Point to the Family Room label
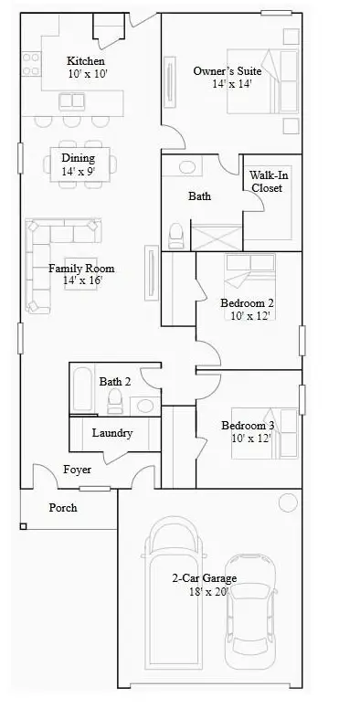81,274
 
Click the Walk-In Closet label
265,181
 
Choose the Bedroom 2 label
247,309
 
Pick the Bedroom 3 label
247,431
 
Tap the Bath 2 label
115,381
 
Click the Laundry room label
112,433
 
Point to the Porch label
63,507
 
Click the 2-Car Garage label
204,584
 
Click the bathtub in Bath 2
81,389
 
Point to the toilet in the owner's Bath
176,236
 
